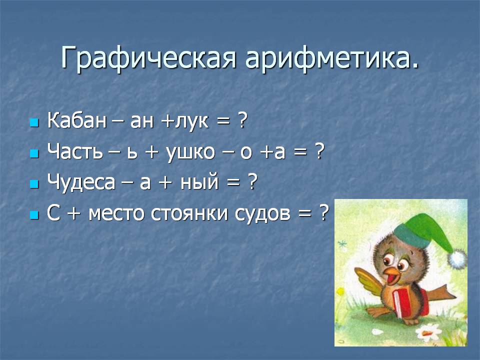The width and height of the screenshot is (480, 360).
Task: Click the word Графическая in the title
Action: point(148,58)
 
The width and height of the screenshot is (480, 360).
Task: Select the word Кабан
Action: point(76,120)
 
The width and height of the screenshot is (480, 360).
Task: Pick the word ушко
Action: point(190,152)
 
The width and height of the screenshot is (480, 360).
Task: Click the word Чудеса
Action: point(81,182)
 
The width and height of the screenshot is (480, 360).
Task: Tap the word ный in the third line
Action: point(199,182)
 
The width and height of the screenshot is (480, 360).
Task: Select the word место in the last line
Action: point(116,213)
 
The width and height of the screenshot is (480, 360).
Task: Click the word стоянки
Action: point(189,213)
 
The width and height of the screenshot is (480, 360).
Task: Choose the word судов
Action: point(262,213)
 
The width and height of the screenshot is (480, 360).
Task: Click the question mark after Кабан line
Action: point(241,120)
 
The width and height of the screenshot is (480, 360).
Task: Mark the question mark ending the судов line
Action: point(323,212)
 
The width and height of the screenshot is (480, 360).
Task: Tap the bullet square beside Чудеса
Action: point(34,184)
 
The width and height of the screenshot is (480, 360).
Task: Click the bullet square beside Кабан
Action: point(34,122)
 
